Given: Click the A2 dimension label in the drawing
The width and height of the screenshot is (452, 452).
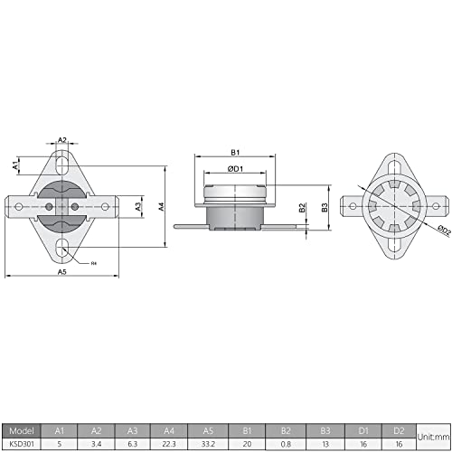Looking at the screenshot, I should pyautogui.click(x=61, y=140).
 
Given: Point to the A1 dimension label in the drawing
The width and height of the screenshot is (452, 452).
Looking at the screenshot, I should pyautogui.click(x=16, y=166).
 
